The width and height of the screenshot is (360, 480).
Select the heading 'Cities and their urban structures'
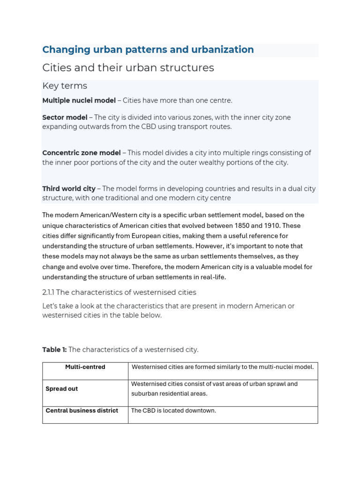click(x=128, y=68)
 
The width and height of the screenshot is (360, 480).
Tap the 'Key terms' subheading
click(x=64, y=86)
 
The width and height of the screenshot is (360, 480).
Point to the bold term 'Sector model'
click(x=65, y=117)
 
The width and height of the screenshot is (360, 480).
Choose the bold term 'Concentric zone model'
click(x=82, y=153)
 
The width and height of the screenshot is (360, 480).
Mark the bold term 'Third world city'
click(x=68, y=188)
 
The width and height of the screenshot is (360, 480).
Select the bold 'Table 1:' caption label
click(x=54, y=350)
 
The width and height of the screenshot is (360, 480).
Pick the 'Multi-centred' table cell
click(x=85, y=367)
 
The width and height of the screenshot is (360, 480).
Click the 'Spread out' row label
click(x=62, y=389)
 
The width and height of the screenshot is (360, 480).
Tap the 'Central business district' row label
click(x=82, y=411)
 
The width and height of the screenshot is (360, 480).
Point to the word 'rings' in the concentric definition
click(x=256, y=153)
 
